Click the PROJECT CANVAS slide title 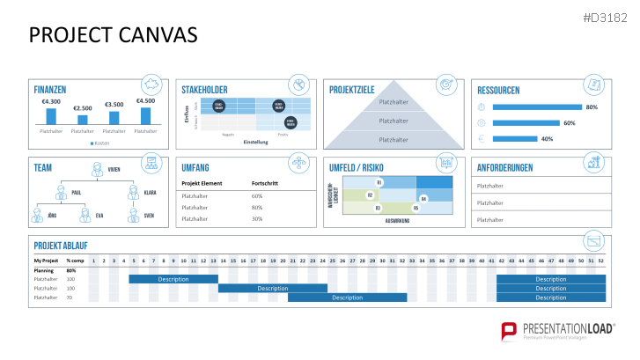tap(114, 34)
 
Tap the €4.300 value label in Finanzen tap(50, 102)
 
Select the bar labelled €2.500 tap(82, 119)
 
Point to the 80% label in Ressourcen tap(592, 107)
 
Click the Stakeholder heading tap(204, 90)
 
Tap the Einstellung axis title tap(255, 142)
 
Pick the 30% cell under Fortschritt tap(257, 218)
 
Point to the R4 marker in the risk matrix tap(423, 199)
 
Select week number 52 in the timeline tap(600, 261)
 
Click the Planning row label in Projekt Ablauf tap(45, 270)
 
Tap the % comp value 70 tap(70, 298)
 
